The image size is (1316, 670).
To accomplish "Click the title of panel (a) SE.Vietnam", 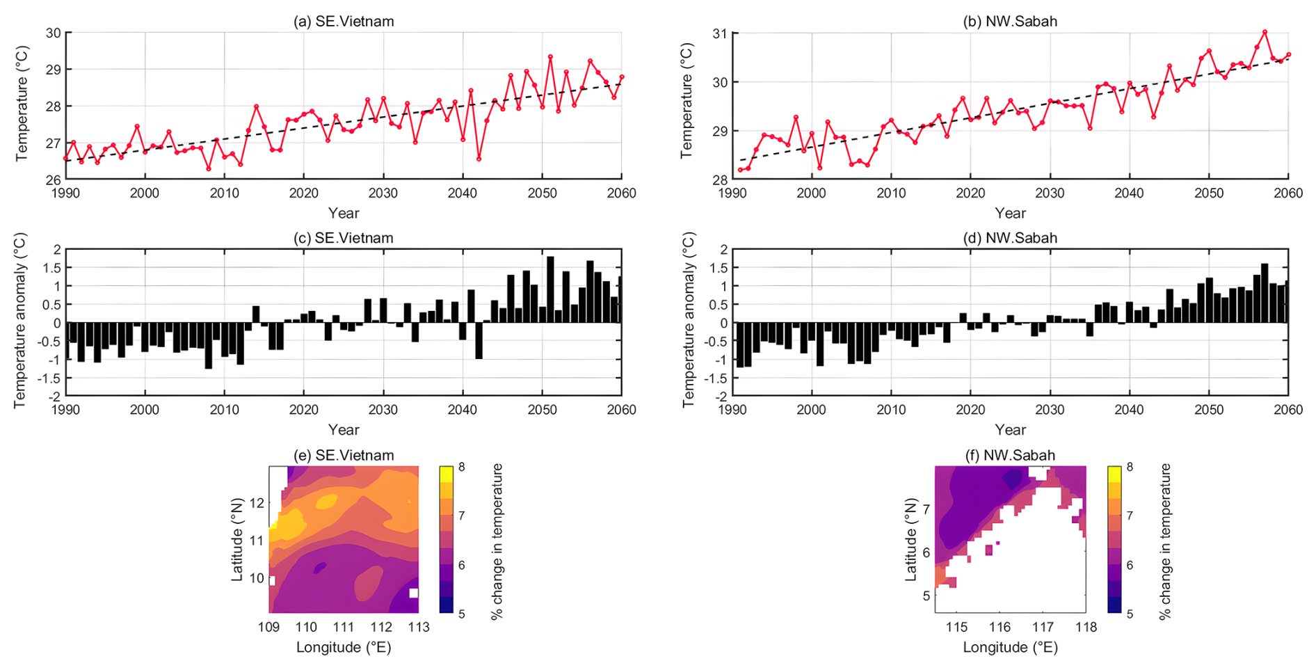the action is tap(344, 22).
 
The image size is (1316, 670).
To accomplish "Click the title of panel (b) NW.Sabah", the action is tap(1010, 22).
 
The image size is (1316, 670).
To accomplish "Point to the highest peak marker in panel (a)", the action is tap(550, 57).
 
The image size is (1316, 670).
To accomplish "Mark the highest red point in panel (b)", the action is tap(1265, 32).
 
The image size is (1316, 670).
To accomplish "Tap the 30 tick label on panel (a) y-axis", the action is tap(53, 33).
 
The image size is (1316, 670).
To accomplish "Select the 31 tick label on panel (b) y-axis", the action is tap(720, 33).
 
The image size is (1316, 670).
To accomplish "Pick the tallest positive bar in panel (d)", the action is tap(1265, 293).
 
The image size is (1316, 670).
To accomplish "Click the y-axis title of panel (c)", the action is tap(19, 321).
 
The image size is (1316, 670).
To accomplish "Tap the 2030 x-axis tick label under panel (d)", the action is tap(1050, 410).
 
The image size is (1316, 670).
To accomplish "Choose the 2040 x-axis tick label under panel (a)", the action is tap(463, 193).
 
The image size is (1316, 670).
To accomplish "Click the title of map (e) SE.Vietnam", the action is tap(344, 455).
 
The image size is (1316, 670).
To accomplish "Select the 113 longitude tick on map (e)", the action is tap(418, 627).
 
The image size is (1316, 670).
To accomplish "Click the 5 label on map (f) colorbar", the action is tap(1129, 614).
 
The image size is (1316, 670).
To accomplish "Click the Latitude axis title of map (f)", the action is tap(911, 539).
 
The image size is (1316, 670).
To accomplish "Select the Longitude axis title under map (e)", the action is tap(344, 648).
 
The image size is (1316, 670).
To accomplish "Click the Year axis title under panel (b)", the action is tap(1010, 214).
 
